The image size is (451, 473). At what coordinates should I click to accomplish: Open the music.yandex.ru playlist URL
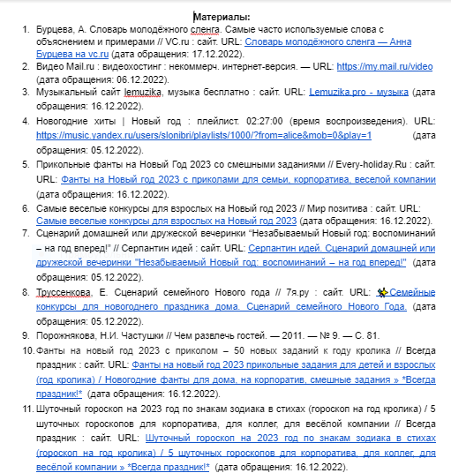(x=204, y=136)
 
